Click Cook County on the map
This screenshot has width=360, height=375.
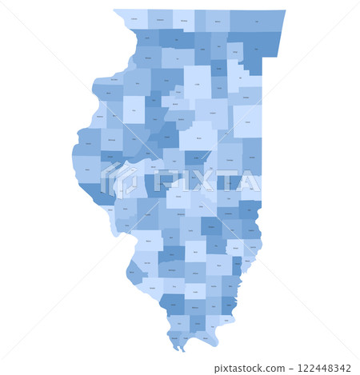click(258, 58)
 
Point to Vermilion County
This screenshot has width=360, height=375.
click(252, 158)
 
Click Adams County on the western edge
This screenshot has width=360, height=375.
click(87, 168)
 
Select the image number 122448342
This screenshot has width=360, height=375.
click(323, 368)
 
